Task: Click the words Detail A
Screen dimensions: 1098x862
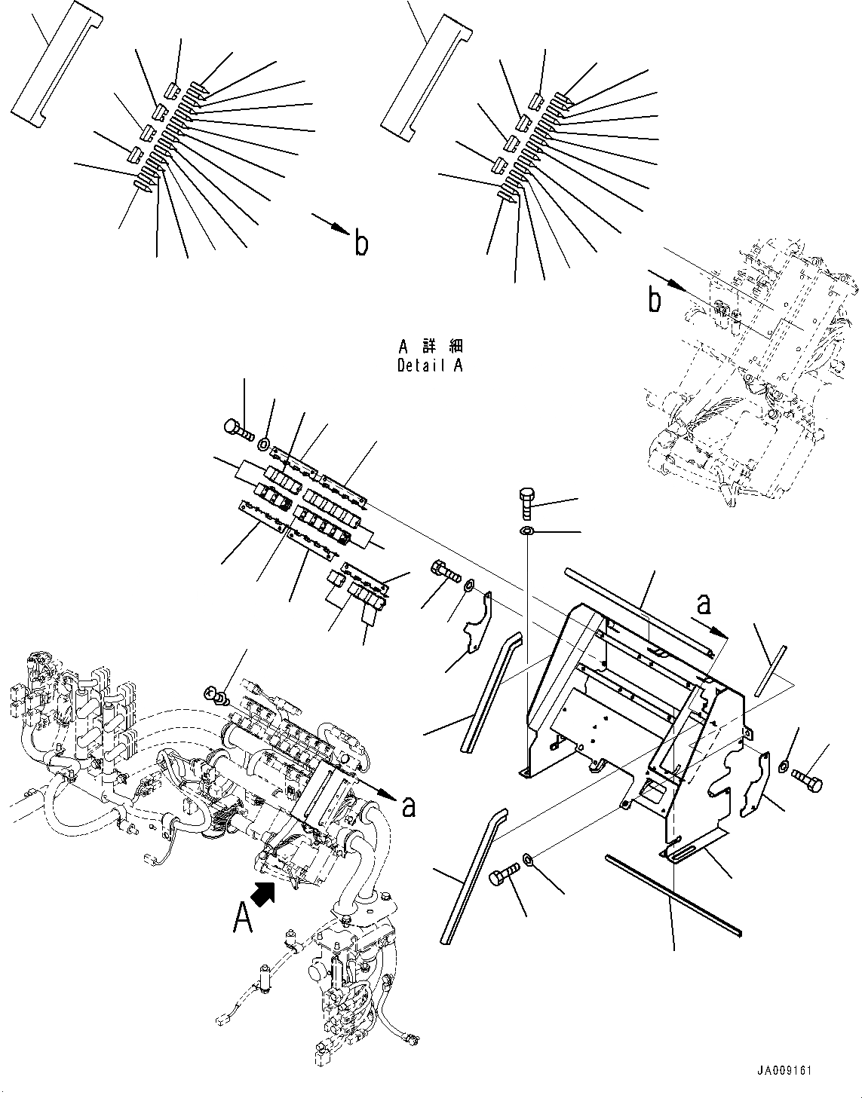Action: click(x=430, y=365)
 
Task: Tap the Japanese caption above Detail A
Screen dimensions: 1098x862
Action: click(x=430, y=347)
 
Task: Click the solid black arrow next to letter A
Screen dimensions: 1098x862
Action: click(x=263, y=893)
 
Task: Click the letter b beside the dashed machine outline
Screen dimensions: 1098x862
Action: click(x=655, y=301)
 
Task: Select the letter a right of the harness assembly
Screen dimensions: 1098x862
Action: click(x=408, y=806)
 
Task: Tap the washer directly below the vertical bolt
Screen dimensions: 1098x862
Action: click(x=527, y=533)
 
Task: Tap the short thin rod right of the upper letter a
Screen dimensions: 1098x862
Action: click(x=769, y=663)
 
